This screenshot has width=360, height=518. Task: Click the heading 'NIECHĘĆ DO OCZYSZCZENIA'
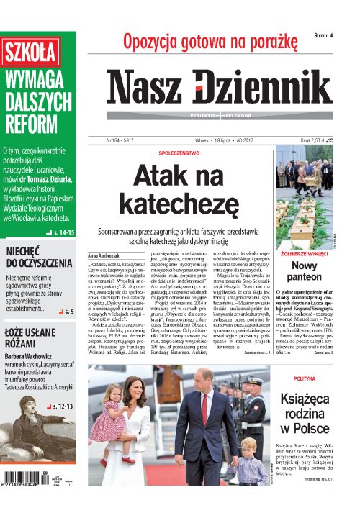coord(40,258)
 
